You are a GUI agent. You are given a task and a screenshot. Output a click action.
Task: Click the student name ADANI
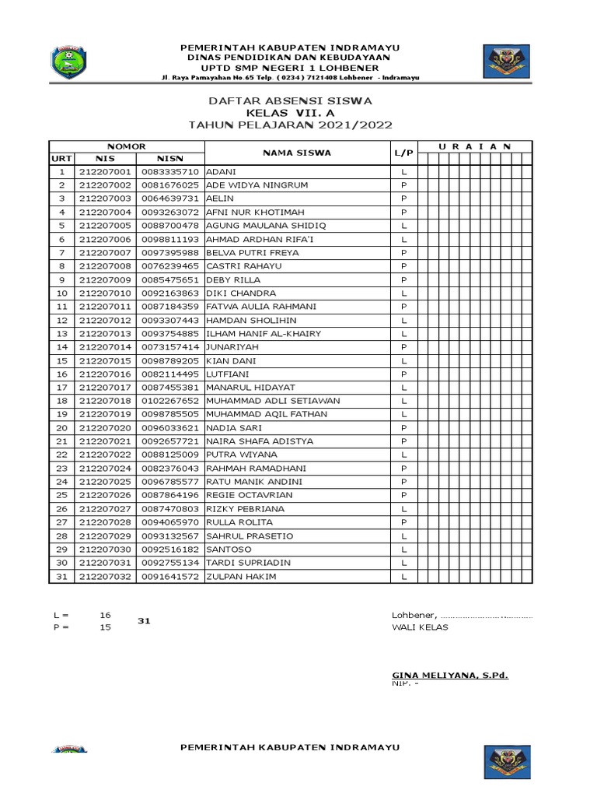coord(221,171)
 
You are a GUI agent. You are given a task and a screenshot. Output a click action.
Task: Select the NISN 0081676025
coord(170,185)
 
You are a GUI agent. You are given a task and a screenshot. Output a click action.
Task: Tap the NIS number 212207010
coord(106,293)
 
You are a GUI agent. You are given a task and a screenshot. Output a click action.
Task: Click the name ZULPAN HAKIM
coord(241,577)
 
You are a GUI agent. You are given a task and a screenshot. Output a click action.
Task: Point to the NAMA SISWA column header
coord(296,153)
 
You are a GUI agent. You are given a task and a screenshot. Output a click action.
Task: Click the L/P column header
coord(403,153)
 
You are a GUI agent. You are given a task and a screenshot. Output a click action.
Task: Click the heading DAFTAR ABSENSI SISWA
coord(289,101)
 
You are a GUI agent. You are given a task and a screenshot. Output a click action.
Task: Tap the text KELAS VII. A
coord(289,113)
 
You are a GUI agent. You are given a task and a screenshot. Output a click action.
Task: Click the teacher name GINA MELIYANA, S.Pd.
coord(449,675)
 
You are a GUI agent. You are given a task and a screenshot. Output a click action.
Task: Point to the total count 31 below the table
coord(144,620)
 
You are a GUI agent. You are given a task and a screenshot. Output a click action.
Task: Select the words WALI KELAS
coord(420,627)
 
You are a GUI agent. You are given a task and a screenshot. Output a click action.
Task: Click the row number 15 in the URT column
coord(61,361)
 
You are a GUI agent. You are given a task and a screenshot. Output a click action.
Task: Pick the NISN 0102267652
coord(170,401)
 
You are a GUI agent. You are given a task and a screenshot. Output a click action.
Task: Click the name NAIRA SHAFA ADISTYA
coord(260,441)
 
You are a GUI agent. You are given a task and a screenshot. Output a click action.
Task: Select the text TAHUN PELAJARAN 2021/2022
coord(289,125)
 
